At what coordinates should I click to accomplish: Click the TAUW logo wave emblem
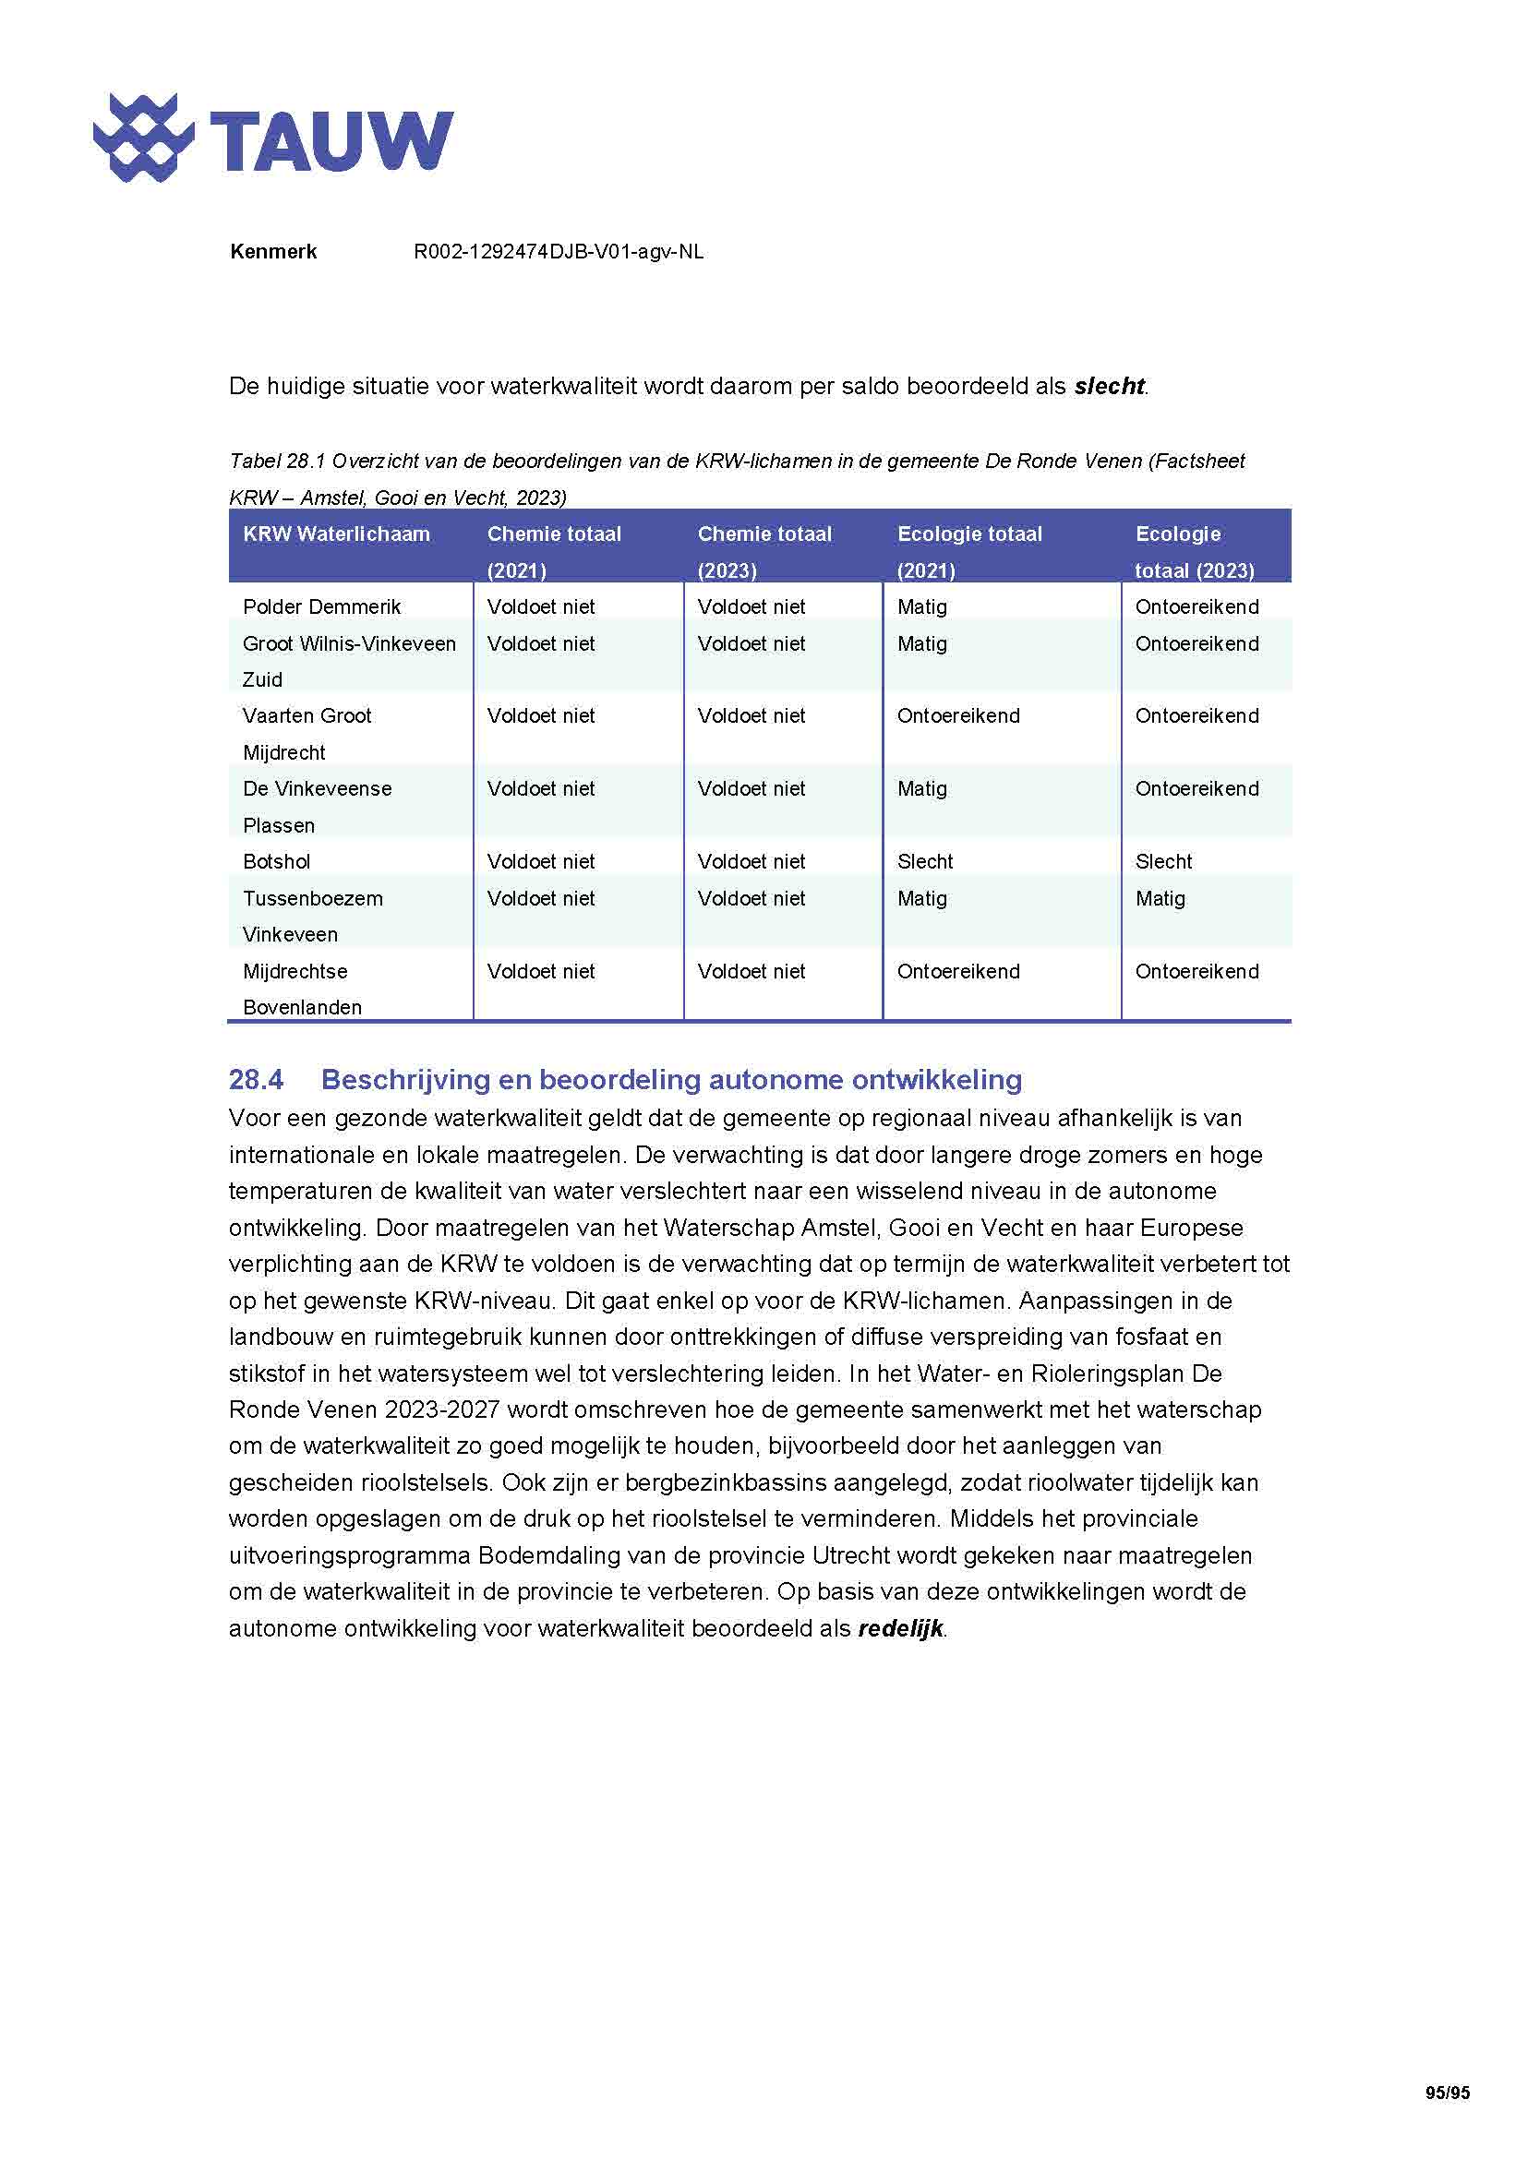(144, 138)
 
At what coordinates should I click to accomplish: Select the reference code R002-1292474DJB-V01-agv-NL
(559, 252)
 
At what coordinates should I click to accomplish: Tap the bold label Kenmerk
(272, 252)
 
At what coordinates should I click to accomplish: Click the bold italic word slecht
(1109, 387)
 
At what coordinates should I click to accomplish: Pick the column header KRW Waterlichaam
(336, 534)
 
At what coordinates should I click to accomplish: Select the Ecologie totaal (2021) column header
(969, 551)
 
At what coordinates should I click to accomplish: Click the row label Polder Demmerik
(321, 607)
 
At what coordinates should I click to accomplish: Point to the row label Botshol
(276, 861)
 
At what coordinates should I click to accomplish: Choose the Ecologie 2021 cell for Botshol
(924, 861)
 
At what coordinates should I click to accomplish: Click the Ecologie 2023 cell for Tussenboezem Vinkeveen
(1160, 898)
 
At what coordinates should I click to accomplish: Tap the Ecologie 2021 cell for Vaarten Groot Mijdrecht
(957, 715)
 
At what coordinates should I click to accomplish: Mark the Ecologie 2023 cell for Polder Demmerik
(1196, 607)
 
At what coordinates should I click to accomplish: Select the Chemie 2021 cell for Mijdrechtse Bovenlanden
(541, 971)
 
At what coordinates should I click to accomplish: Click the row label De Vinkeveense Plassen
(317, 806)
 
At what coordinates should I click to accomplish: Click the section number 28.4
(256, 1080)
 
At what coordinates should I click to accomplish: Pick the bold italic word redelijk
(900, 1628)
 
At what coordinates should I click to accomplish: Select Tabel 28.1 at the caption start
(276, 461)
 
